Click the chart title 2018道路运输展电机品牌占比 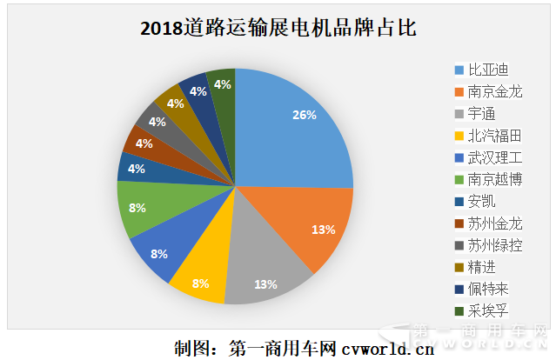[x=278, y=29]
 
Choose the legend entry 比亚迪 [x=487, y=69]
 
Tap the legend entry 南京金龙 [x=493, y=90]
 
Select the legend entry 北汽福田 [x=493, y=135]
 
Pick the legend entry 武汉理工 [x=493, y=157]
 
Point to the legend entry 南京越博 [x=493, y=179]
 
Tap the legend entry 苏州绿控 [x=493, y=245]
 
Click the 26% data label [x=305, y=116]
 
